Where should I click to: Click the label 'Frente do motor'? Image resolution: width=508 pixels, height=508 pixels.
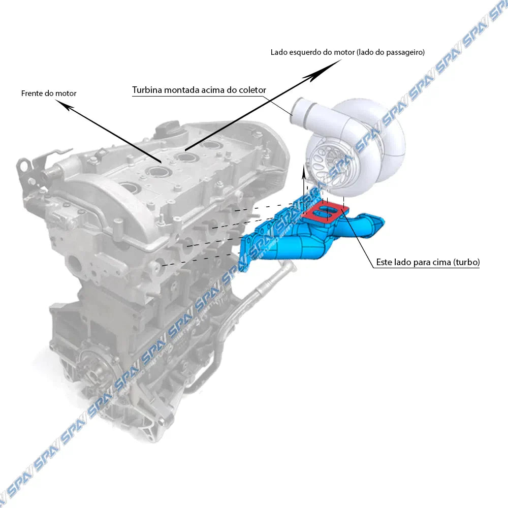click(49, 93)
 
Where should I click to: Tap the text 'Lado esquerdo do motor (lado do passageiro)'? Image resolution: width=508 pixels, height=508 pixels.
click(347, 52)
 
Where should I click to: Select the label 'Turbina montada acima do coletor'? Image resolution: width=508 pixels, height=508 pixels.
click(199, 90)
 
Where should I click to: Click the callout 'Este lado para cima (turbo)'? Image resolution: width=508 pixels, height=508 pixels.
click(428, 263)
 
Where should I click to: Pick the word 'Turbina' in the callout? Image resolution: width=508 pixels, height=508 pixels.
click(147, 90)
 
